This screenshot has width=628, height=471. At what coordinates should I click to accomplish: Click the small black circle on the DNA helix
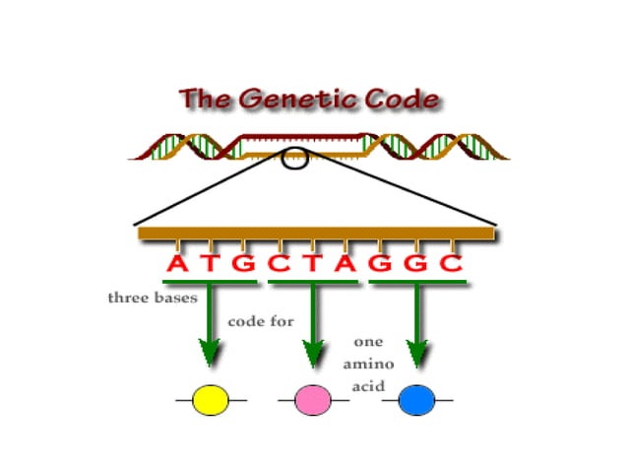pyautogui.click(x=295, y=157)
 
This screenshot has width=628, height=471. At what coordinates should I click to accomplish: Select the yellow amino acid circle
pyautogui.click(x=211, y=399)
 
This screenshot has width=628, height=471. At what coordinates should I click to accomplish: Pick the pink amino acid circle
pyautogui.click(x=313, y=399)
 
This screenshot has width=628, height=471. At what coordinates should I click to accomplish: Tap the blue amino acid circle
pyautogui.click(x=416, y=399)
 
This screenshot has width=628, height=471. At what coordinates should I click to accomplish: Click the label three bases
pyautogui.click(x=152, y=296)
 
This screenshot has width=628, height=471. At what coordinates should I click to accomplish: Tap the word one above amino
pyautogui.click(x=367, y=343)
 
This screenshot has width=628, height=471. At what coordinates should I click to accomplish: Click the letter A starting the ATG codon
pyautogui.click(x=176, y=265)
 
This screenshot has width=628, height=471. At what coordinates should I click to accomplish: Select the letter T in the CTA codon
pyautogui.click(x=314, y=265)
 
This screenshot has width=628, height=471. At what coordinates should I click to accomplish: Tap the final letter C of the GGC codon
pyautogui.click(x=451, y=265)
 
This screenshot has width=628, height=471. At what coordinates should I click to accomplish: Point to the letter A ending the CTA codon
pyautogui.click(x=347, y=265)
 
